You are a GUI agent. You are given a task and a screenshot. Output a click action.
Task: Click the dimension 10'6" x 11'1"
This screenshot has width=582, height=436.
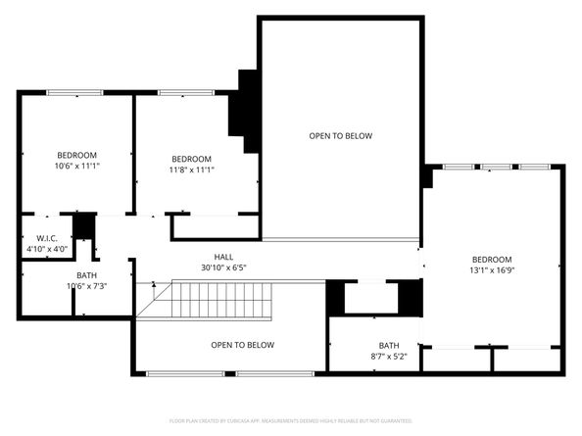(76, 167)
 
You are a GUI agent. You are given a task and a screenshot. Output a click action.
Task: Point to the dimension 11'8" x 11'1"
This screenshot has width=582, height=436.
(191, 170)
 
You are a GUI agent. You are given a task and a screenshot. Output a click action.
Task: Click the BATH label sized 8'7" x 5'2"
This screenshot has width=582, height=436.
(389, 345)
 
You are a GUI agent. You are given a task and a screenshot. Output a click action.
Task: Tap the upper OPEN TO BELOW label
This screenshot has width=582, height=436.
(340, 136)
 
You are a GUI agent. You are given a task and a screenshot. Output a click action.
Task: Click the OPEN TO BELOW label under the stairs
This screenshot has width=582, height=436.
(242, 345)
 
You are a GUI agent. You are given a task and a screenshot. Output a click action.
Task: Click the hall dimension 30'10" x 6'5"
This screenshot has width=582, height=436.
(224, 266)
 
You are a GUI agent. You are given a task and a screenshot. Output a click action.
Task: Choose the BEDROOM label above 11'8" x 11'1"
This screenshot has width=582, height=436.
(191, 160)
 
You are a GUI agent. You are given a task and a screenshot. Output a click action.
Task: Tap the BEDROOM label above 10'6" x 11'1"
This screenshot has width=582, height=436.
(76, 156)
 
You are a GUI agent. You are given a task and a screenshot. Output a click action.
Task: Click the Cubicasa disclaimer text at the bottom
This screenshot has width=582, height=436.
(291, 420)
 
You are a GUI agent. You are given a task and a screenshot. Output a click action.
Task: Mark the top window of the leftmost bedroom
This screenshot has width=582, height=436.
(74, 93)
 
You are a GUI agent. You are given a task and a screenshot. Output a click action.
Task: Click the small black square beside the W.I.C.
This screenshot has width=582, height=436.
(84, 225)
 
